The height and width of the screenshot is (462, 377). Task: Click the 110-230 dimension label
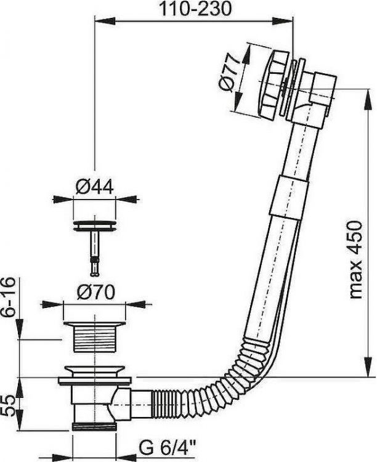coord(195,9)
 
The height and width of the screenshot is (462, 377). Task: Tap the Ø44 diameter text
coord(94,187)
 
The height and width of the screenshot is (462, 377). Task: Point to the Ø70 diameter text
coord(95,292)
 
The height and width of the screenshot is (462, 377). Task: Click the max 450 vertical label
coord(355,260)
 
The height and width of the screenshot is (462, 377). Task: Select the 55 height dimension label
coord(8,405)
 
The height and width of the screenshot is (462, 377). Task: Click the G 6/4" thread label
coord(167,448)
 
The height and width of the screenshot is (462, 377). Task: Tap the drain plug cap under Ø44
coord(95,225)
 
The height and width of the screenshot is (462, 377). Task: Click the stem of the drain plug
coord(95,254)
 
